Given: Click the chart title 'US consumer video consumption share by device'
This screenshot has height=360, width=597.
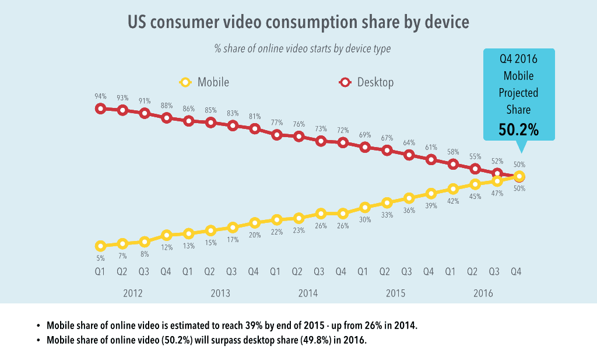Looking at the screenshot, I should point(298,23).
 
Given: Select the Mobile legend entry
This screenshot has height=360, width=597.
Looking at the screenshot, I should point(203,82).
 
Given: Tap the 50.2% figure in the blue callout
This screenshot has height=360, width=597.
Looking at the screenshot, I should point(518,130).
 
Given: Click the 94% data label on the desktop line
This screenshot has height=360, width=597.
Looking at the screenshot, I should point(100,96).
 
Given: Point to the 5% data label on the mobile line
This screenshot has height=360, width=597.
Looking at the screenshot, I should point(100,258).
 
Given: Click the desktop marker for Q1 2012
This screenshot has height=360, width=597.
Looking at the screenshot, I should point(100,109).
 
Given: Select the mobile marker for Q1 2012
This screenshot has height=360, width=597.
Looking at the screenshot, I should point(100,246).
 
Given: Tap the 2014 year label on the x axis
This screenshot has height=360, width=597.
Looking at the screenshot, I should point(308,293).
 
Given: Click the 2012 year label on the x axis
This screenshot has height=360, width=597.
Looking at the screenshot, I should point(133,293).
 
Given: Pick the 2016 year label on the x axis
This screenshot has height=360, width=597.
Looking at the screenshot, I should point(483,293).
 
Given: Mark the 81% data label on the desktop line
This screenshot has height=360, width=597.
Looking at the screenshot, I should point(255,116).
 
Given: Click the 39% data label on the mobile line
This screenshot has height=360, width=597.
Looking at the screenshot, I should point(431,205).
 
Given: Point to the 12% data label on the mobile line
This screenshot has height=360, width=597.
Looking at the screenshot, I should point(167,247).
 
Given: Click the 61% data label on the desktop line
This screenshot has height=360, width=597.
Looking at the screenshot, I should point(431,147).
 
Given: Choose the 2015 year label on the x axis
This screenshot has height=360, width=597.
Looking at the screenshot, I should point(396,293).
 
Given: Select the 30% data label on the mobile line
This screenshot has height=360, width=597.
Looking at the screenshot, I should point(365,219).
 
